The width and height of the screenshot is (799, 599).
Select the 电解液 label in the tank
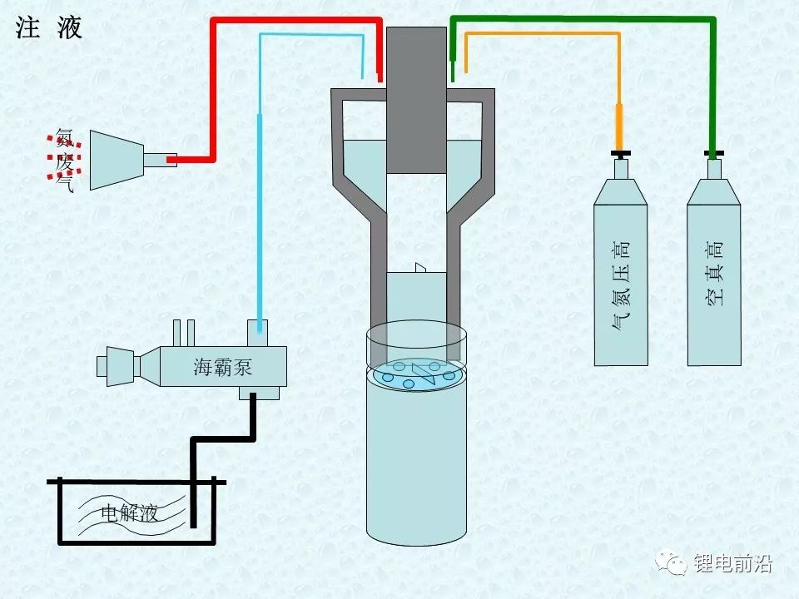(129, 512)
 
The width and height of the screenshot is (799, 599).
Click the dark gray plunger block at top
(417, 100)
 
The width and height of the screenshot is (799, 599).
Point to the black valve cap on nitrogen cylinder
(620, 154)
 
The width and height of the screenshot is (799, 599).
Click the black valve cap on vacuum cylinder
(712, 154)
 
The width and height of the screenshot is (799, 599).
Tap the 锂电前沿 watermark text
(733, 564)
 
